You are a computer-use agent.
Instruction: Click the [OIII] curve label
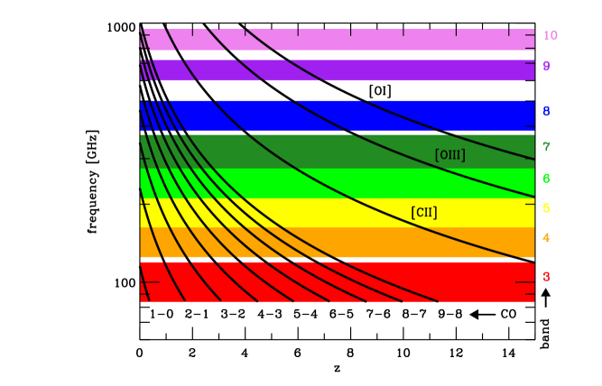tap(449, 155)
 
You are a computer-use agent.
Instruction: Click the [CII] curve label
tap(424, 213)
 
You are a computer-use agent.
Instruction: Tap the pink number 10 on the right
tap(550, 36)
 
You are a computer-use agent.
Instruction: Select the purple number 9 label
tap(546, 67)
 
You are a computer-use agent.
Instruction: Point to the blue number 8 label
tap(546, 113)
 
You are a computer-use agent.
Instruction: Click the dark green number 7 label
tap(546, 147)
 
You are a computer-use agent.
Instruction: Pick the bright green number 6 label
tap(546, 179)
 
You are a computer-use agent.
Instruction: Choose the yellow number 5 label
tap(546, 208)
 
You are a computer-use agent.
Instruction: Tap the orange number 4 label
tap(546, 238)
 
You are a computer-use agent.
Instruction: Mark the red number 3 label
tap(546, 277)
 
